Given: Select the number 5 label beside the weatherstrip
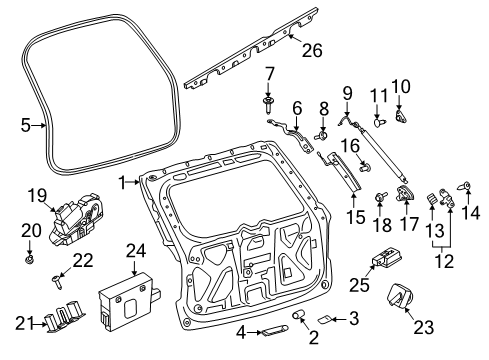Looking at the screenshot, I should pyautogui.click(x=26, y=125).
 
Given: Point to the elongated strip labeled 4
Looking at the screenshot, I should pyautogui.click(x=272, y=331).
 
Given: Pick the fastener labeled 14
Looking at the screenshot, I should pyautogui.click(x=465, y=186).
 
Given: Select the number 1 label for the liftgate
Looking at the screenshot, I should pyautogui.click(x=123, y=183).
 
